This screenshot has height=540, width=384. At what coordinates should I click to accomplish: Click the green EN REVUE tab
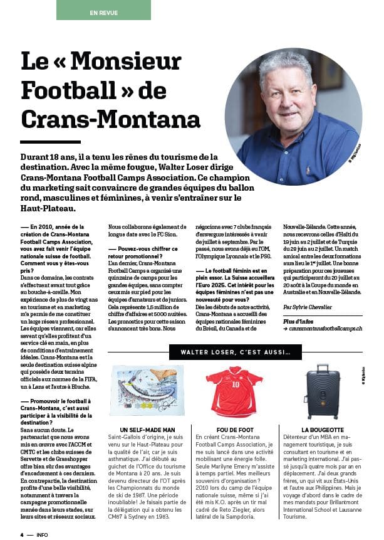click(103, 11)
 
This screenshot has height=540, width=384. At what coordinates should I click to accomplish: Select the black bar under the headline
click(50, 142)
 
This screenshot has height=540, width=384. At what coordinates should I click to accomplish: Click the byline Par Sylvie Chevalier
click(309, 308)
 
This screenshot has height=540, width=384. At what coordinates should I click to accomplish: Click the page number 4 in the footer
click(22, 534)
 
